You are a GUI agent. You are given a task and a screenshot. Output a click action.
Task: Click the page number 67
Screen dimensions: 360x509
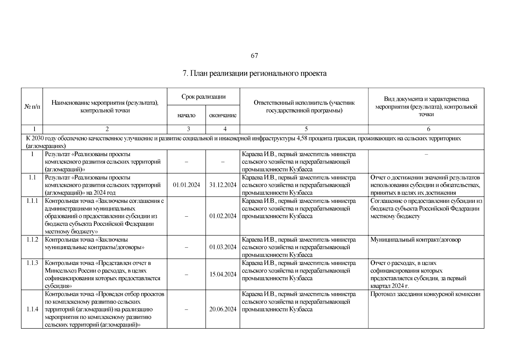[x=254, y=56]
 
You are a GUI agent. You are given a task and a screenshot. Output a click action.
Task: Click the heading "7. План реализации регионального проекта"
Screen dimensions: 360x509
[x=254, y=73]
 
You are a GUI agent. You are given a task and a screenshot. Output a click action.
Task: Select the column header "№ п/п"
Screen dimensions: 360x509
[x=32, y=107]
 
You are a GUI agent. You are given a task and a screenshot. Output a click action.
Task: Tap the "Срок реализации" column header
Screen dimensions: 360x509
[x=203, y=97]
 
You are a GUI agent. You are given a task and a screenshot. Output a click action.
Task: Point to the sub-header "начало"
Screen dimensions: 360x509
[x=186, y=115]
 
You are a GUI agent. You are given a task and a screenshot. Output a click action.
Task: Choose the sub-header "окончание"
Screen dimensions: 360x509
[x=223, y=115]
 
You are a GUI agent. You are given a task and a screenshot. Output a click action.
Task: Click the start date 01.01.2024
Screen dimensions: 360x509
[x=186, y=185]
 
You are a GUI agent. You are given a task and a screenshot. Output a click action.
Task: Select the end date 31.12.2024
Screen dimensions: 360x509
[x=223, y=185]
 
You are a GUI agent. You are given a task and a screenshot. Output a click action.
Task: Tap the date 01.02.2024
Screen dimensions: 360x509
[x=223, y=216]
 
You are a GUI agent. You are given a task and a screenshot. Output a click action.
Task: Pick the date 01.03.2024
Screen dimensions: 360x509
[x=223, y=247]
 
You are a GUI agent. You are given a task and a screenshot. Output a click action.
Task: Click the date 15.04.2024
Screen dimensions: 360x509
[x=223, y=274]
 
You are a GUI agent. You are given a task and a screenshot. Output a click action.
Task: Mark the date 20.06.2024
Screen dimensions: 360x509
[x=223, y=309]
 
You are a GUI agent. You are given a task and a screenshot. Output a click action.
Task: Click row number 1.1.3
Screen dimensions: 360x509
[x=32, y=263]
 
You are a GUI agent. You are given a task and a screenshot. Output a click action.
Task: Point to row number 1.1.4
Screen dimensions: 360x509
[x=32, y=309]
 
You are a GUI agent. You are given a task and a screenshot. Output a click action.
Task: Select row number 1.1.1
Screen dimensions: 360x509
[x=32, y=201]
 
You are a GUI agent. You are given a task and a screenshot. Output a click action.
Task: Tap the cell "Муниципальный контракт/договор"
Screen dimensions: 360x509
[x=415, y=240]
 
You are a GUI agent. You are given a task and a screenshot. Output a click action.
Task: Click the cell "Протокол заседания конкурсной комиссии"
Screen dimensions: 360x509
[x=425, y=294]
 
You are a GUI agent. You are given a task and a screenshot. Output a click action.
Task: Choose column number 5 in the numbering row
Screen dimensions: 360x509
[x=306, y=129]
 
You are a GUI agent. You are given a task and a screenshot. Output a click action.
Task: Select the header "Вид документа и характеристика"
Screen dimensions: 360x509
[x=426, y=99]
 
